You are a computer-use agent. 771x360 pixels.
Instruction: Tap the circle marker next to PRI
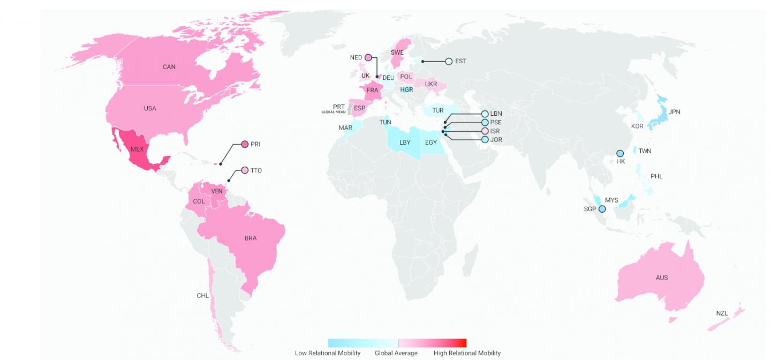point(245,144)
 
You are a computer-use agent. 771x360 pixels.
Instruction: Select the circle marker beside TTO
point(245,170)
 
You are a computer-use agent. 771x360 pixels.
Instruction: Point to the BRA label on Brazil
point(251,238)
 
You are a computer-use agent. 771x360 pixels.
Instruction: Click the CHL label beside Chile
point(202,295)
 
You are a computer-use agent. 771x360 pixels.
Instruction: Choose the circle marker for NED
point(368,57)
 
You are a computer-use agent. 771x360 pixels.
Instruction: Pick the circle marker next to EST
point(449,61)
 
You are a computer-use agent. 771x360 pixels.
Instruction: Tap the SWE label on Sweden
point(397,52)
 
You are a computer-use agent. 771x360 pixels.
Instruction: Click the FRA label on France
point(372,90)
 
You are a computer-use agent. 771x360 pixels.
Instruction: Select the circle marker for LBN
point(485,114)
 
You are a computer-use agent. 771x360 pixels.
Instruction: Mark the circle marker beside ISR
point(485,131)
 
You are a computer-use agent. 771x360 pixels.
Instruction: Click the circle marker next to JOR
point(485,140)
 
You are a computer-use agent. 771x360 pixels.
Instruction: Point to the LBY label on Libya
point(405,142)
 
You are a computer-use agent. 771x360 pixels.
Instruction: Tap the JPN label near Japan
point(674,111)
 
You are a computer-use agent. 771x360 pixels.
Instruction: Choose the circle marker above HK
point(620,153)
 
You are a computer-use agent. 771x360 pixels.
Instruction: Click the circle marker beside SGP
point(602,209)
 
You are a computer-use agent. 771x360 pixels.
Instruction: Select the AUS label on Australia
point(662,277)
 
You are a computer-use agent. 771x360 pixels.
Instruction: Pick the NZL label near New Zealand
point(722,313)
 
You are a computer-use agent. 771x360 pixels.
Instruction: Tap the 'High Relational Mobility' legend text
point(467,353)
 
